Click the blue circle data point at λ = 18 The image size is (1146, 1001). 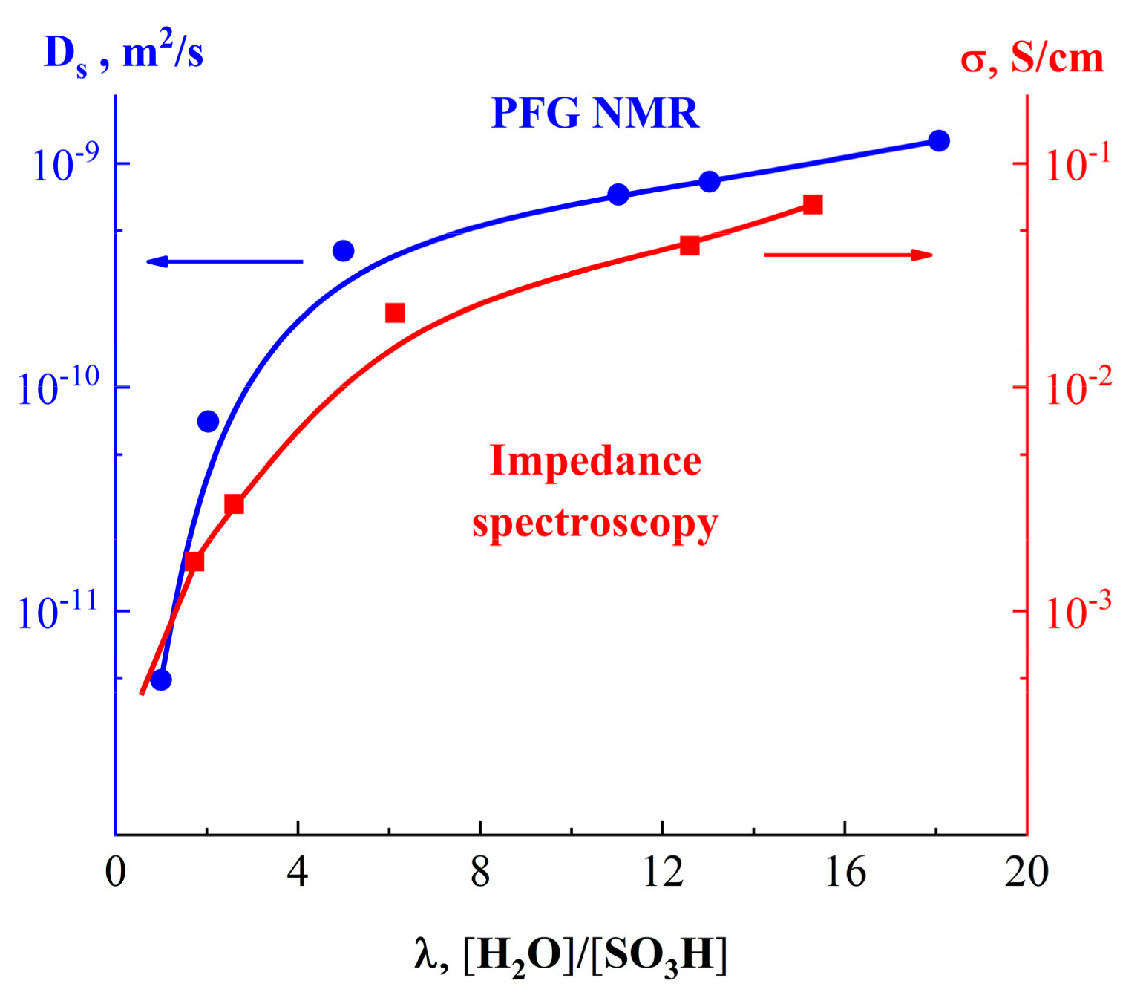(938, 140)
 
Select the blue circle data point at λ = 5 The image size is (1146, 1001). (343, 251)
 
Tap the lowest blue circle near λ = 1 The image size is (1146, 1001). (161, 679)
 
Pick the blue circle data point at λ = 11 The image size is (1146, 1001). (618, 195)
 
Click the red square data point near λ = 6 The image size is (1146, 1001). (395, 313)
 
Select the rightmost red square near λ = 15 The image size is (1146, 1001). (813, 205)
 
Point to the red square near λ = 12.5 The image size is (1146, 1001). (690, 246)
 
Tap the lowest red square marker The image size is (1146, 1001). (194, 561)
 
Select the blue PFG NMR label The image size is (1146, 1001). (595, 114)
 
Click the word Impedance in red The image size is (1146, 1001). (595, 461)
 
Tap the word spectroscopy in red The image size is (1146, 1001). (595, 524)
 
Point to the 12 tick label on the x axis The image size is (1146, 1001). (662, 872)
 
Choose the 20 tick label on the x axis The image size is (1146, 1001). (1026, 872)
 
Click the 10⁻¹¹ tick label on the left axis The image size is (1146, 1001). (58, 612)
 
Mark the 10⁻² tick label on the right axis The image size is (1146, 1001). (1078, 388)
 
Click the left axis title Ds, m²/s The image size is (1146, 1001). (123, 53)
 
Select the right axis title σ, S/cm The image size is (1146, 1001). (1032, 58)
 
